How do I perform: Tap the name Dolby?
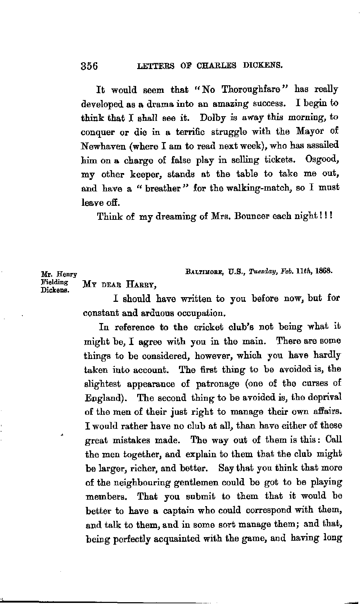pyautogui.click(x=214, y=117)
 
